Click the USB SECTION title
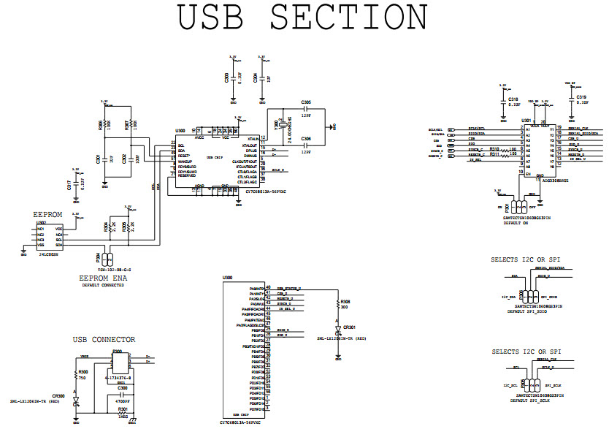click(303, 18)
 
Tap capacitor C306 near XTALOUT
click(305, 145)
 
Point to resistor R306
click(107, 124)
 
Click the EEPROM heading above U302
click(48, 215)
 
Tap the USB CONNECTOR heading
click(104, 340)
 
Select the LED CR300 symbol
click(76, 400)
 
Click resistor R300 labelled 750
click(76, 374)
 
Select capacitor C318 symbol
click(502, 101)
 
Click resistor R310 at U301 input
click(494, 150)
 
